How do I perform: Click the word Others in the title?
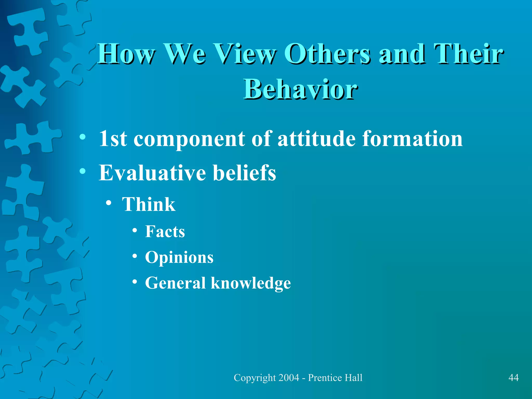pyautogui.click(x=327, y=54)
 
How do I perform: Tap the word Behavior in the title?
pyautogui.click(x=300, y=90)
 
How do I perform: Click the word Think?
pyautogui.click(x=149, y=204)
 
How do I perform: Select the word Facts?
pyautogui.click(x=165, y=231)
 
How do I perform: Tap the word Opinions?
pyautogui.click(x=179, y=258)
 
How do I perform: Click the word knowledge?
pyautogui.click(x=251, y=283)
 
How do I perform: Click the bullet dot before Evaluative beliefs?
pyautogui.click(x=83, y=171)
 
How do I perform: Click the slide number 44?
pyautogui.click(x=513, y=377)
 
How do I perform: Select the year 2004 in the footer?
pyautogui.click(x=288, y=378)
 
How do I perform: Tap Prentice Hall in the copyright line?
pyautogui.click(x=335, y=378)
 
